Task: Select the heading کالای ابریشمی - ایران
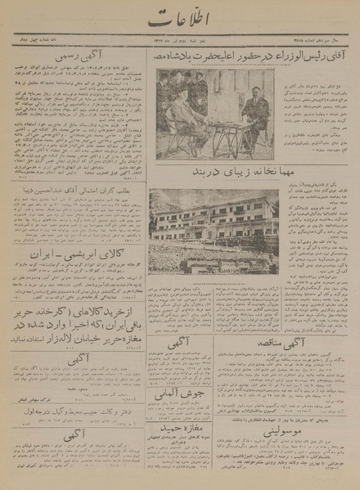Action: pos(75,231)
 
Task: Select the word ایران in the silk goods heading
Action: pos(47,231)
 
